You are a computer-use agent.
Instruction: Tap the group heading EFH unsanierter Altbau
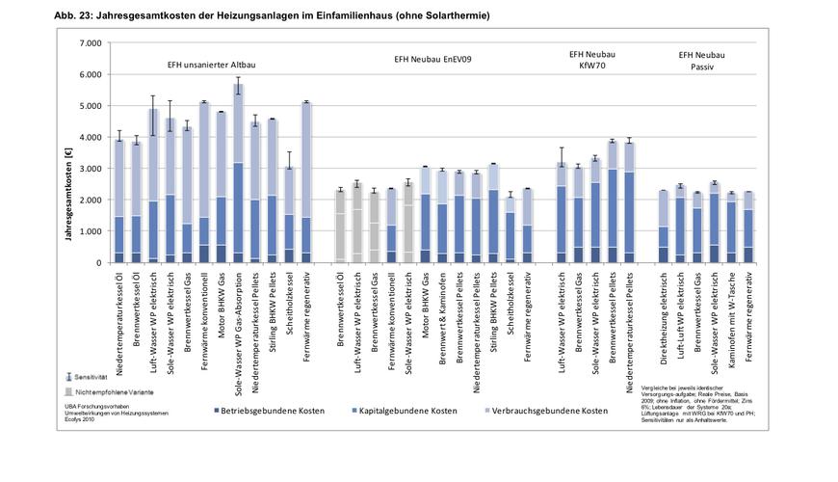click(x=211, y=64)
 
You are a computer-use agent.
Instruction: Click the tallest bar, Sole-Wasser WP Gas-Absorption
click(x=237, y=174)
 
